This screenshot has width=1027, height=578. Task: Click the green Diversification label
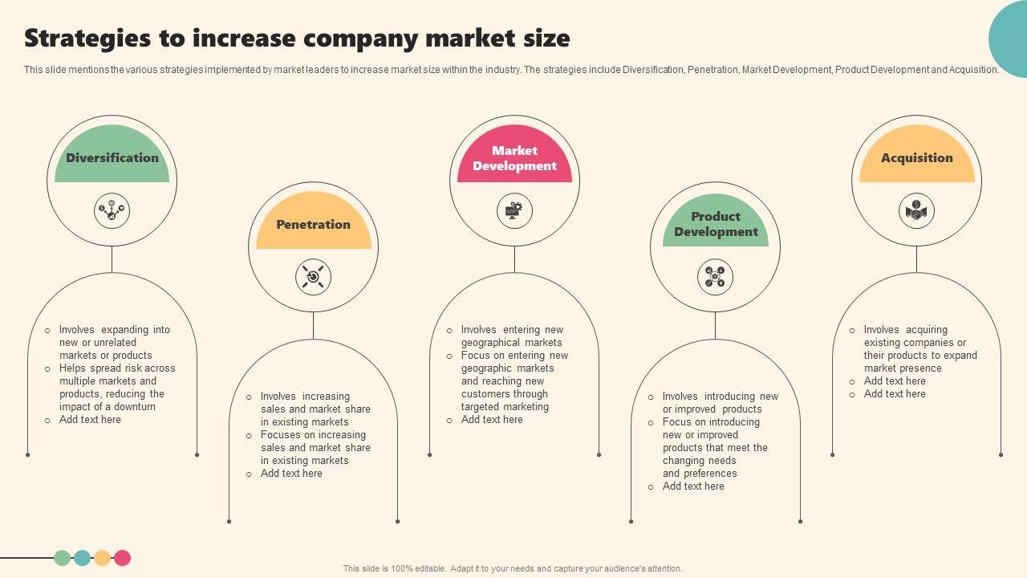click(x=112, y=158)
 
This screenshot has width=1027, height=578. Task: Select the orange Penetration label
click(x=313, y=225)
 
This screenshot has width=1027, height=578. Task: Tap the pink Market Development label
click(x=514, y=158)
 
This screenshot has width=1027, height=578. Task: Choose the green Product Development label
click(x=716, y=224)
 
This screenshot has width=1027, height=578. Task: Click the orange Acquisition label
click(x=916, y=158)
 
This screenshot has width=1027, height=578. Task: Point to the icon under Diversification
click(x=112, y=211)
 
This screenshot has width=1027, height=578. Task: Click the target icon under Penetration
click(x=313, y=277)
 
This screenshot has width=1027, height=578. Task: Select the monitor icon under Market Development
click(x=514, y=211)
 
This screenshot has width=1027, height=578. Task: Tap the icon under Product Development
click(x=715, y=277)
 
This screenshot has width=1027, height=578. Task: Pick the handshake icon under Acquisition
click(x=916, y=211)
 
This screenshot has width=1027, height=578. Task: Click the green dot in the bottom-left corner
click(x=62, y=558)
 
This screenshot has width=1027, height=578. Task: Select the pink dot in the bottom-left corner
click(x=122, y=558)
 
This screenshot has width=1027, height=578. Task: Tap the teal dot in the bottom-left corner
click(x=82, y=558)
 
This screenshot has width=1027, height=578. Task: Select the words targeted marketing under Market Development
click(x=505, y=407)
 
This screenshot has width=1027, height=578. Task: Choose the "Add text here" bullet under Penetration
click(x=291, y=474)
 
